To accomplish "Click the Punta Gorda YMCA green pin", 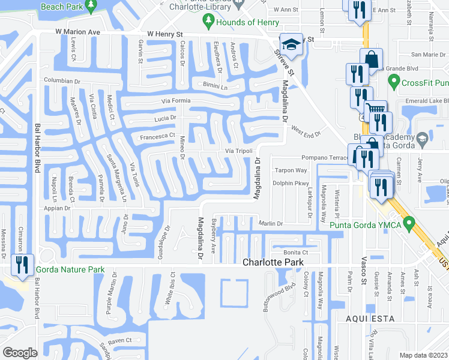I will click(x=410, y=225).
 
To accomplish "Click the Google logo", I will click(x=20, y=352).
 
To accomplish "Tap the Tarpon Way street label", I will click(x=291, y=170).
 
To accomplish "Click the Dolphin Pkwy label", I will click(x=291, y=184).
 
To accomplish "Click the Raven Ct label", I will click(x=120, y=340).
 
